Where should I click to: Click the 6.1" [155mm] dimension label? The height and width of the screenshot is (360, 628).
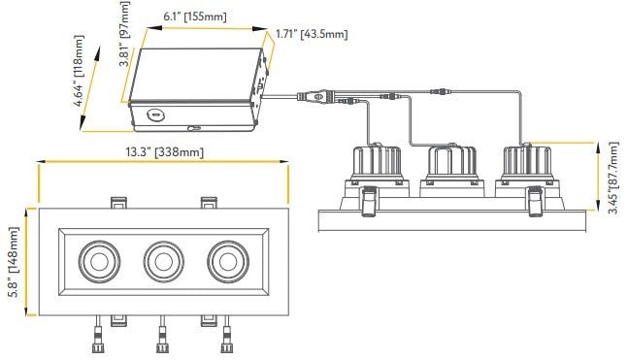point(195,16)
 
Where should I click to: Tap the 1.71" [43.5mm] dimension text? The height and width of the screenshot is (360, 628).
point(312,34)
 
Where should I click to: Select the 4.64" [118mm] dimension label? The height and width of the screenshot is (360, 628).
point(80,71)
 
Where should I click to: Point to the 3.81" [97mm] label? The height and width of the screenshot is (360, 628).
point(125,34)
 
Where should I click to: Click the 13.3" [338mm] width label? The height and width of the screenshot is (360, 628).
point(165,152)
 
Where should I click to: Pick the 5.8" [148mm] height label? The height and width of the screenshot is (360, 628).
point(14,262)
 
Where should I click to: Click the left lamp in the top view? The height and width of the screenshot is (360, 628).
point(99,261)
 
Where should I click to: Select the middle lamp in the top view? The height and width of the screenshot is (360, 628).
point(163,261)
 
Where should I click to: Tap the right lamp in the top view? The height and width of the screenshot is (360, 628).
point(227,261)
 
